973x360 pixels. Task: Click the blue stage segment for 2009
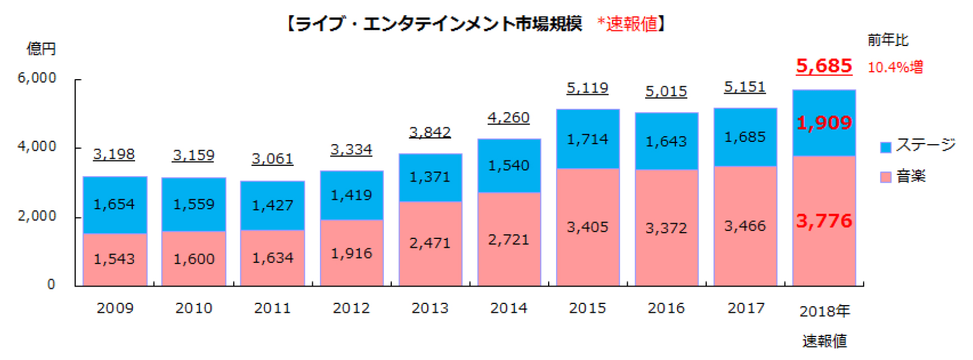115,205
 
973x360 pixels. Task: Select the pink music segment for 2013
430,243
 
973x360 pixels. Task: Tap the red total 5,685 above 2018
823,66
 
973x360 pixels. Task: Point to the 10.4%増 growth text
895,67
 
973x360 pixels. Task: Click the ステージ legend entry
918,145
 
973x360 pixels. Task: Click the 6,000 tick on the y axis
37,78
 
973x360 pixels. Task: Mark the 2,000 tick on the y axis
37,216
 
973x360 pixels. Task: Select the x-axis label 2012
351,308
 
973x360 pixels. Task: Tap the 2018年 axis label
824,311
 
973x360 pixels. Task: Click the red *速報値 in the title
627,24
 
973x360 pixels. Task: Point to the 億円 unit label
41,49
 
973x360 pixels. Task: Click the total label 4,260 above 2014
508,118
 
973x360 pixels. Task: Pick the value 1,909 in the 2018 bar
824,123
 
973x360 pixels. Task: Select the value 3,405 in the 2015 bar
587,227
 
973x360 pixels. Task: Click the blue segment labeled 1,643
666,141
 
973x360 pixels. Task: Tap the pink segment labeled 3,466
745,226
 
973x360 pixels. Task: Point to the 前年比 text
888,40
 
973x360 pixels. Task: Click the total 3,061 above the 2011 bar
272,159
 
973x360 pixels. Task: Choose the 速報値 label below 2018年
824,341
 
